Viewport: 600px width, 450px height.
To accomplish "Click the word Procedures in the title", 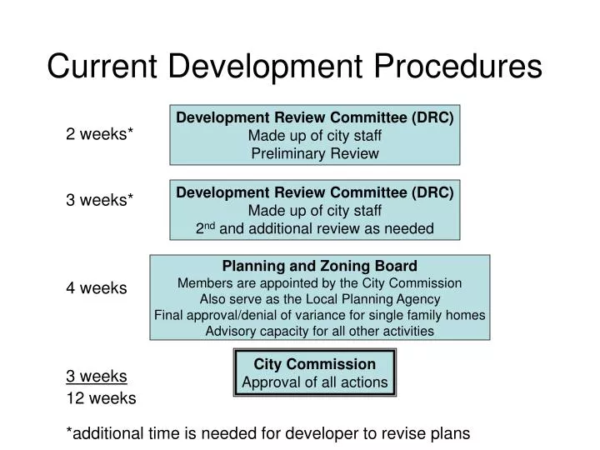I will (x=451, y=67).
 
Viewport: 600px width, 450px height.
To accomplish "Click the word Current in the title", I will (x=103, y=67).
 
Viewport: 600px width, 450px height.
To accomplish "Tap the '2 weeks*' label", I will (x=100, y=134).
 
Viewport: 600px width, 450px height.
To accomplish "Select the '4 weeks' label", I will (x=97, y=288).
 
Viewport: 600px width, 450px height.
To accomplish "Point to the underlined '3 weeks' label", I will (x=97, y=376).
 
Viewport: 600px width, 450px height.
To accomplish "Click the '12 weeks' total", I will (x=101, y=398).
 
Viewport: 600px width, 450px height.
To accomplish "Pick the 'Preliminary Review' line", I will (x=314, y=153).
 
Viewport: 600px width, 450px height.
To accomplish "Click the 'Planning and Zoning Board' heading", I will (x=320, y=267).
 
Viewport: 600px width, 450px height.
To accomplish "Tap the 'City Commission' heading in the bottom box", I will (x=314, y=364).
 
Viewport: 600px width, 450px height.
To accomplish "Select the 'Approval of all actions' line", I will (x=314, y=383).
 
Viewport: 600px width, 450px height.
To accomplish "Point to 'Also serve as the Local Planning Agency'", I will (x=320, y=299).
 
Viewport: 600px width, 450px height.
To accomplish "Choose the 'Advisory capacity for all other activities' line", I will (x=320, y=331).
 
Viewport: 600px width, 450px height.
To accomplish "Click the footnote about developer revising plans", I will (x=268, y=433).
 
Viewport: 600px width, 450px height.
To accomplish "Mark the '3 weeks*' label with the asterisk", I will (x=100, y=199).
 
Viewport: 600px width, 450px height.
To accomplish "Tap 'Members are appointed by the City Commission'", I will (x=320, y=283).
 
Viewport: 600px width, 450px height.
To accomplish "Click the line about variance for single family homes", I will (x=320, y=315).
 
